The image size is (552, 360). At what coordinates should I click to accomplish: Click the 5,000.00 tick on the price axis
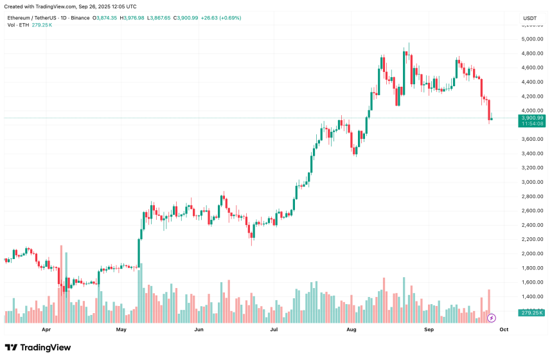(533, 39)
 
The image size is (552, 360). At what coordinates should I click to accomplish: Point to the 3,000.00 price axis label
(533, 182)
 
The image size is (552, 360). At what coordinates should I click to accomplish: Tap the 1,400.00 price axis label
(533, 296)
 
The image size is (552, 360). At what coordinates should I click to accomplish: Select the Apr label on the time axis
(46, 329)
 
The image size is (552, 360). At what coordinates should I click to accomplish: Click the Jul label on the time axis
(274, 329)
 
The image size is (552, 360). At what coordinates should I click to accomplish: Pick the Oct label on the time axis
(504, 329)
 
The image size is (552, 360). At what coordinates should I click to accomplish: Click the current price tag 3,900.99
(533, 118)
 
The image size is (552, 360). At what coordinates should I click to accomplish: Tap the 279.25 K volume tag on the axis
(533, 313)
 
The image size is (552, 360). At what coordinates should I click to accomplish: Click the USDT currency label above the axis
(530, 18)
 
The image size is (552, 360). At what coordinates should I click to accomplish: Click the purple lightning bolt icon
(492, 318)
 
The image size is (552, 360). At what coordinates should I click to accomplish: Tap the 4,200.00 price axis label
(533, 96)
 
